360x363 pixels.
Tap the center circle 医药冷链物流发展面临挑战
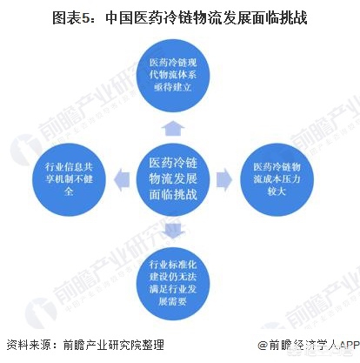(x=173, y=179)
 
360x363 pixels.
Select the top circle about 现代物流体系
(x=173, y=75)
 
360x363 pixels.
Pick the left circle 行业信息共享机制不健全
(x=69, y=179)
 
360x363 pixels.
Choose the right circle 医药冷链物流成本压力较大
(x=277, y=179)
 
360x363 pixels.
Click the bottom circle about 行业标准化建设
(x=173, y=284)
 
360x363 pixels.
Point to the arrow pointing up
(x=173, y=128)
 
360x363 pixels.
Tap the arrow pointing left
(x=122, y=179)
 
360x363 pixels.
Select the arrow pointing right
(x=224, y=179)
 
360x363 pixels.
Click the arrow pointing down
(x=173, y=231)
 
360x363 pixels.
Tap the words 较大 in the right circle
(x=277, y=192)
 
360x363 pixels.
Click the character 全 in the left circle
(x=69, y=192)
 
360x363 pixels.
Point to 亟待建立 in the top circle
(x=173, y=87)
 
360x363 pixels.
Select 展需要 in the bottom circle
(x=172, y=301)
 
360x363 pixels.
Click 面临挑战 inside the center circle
(x=173, y=194)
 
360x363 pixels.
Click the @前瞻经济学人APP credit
(x=309, y=346)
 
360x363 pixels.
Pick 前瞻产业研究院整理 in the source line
(x=114, y=345)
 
